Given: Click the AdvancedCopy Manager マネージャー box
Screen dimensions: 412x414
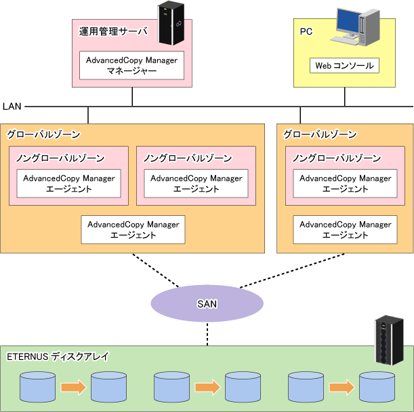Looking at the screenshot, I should coord(131,65).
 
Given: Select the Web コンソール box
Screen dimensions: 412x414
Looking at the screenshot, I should coord(344,66).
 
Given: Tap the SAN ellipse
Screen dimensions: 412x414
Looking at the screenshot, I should coord(207,303).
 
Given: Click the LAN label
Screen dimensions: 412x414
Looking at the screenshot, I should coord(12,107).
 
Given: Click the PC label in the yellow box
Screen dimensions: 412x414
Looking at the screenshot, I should coord(306,31).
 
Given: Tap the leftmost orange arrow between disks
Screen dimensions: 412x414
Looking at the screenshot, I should coord(73,388).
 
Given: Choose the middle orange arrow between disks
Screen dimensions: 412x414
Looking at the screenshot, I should coord(207,388).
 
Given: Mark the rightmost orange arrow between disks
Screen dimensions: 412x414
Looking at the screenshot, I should coord(341,388).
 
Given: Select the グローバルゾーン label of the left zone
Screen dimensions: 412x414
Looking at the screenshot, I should coord(43,134).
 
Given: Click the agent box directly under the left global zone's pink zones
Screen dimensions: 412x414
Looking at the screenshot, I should coord(133,229).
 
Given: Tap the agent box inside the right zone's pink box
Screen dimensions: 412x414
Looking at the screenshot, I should coord(345,183).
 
